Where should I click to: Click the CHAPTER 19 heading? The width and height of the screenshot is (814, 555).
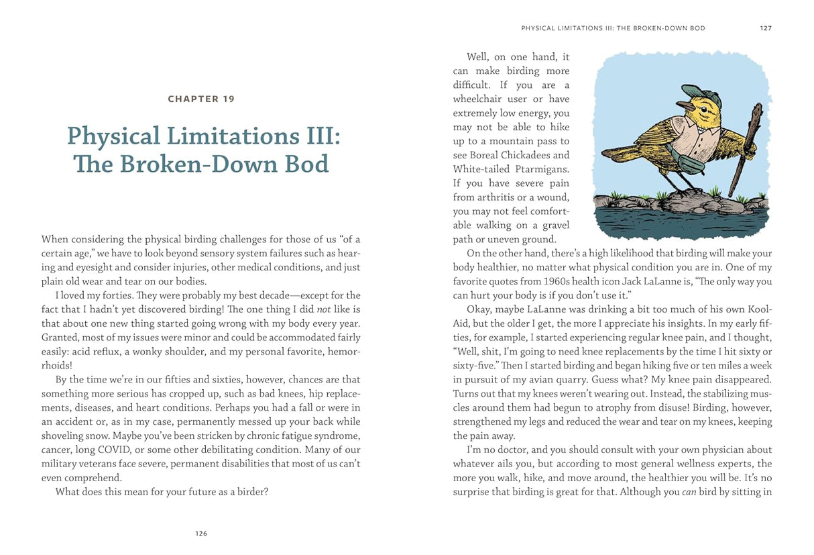(201, 99)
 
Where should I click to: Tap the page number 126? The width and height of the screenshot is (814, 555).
(201, 534)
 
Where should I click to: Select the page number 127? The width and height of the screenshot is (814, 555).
(765, 28)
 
